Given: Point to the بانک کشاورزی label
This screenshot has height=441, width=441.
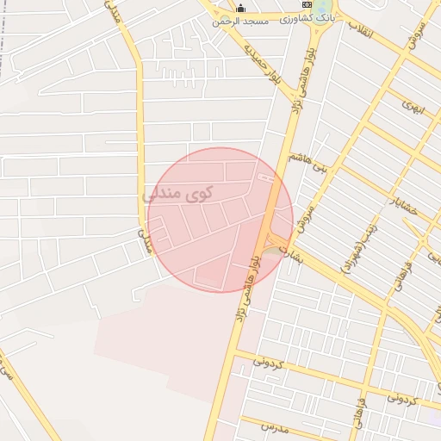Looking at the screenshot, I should tap(307, 17).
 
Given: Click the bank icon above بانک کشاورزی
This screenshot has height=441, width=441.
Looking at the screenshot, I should tap(307, 5).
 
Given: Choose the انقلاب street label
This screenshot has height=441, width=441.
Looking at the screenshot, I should tap(361, 31).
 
